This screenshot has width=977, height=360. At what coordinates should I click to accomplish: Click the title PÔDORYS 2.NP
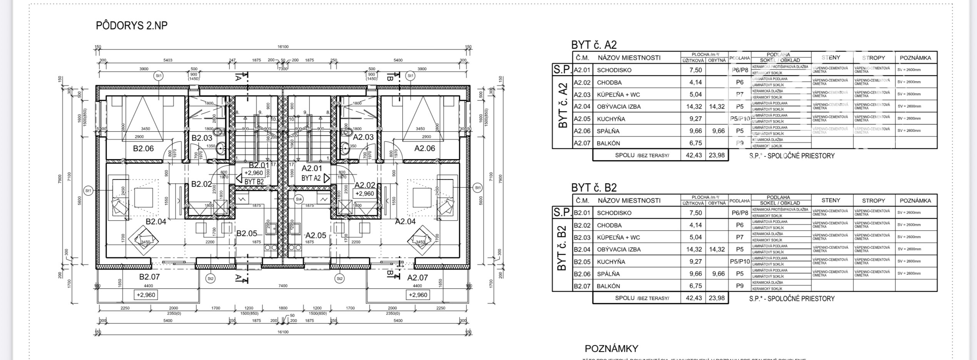click(x=132, y=26)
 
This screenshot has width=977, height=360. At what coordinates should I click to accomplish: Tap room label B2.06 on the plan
click(x=143, y=148)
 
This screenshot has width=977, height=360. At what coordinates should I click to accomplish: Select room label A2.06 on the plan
click(x=425, y=148)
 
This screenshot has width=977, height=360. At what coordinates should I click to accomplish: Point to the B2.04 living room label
click(x=156, y=221)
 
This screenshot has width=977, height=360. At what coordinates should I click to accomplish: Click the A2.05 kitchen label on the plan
click(x=315, y=235)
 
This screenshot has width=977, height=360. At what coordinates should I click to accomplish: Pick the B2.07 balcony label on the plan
click(x=149, y=277)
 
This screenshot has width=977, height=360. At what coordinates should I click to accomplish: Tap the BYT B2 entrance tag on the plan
click(x=254, y=181)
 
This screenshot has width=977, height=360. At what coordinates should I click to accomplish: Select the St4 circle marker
click(x=299, y=199)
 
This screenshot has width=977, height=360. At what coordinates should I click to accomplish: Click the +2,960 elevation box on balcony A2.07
click(x=418, y=295)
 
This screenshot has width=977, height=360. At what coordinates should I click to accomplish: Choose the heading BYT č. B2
click(x=594, y=188)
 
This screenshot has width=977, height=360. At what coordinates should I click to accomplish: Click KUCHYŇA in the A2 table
click(x=611, y=119)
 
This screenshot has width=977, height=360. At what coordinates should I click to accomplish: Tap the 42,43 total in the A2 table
click(x=694, y=155)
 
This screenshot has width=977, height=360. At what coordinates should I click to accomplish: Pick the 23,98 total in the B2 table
click(x=717, y=298)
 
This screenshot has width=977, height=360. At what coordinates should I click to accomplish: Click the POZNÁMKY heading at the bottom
click(x=611, y=349)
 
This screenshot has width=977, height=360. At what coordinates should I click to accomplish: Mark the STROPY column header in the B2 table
click(x=873, y=201)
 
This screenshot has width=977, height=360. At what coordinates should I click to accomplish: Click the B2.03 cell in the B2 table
click(x=582, y=237)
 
